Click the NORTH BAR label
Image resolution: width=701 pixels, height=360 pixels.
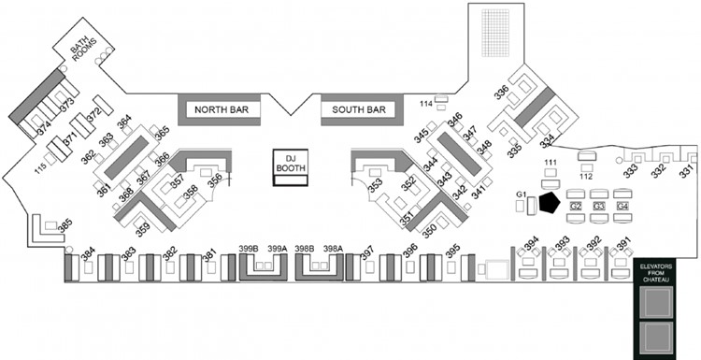tap(221, 110)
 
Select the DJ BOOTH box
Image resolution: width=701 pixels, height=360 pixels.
tap(290, 163)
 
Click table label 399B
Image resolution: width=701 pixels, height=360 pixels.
tap(248, 248)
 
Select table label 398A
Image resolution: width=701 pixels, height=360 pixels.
tap(334, 248)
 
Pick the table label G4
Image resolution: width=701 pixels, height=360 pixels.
tap(622, 205)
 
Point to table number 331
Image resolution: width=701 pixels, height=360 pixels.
tap(687, 172)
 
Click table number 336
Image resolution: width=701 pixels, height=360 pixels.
tap(502, 93)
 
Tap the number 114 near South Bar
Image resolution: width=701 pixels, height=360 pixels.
tap(425, 103)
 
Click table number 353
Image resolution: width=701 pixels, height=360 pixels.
tap(375, 186)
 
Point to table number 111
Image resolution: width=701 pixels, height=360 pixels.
tap(551, 164)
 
